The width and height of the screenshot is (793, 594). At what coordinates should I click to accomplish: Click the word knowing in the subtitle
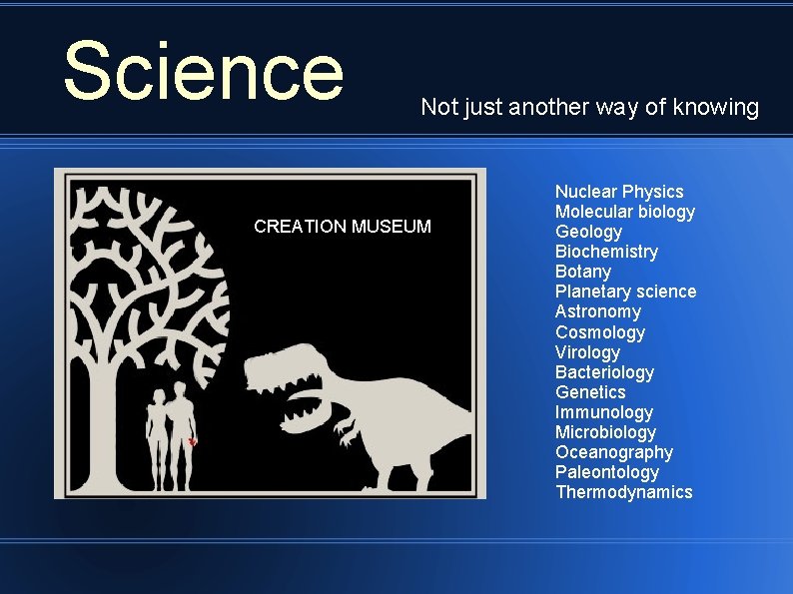[718, 107]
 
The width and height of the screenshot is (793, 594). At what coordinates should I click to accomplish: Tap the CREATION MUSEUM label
[343, 227]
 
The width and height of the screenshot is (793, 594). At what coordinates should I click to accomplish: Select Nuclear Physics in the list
[619, 192]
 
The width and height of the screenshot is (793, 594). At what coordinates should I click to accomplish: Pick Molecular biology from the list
[625, 212]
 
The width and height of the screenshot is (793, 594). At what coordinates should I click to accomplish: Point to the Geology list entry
[588, 232]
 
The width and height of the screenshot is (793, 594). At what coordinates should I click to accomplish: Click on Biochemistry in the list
[606, 252]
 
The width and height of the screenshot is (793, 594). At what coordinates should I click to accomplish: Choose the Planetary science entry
[625, 292]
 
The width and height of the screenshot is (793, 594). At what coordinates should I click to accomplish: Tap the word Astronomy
[598, 311]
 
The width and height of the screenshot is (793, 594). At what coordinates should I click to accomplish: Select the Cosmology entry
[600, 332]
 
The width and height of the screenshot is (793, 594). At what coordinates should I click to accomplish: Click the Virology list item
[587, 352]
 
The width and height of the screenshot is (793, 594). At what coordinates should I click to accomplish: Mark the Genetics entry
[590, 392]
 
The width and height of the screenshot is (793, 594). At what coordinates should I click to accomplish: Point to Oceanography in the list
[614, 452]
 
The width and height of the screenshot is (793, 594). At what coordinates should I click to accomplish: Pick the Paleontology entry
[607, 472]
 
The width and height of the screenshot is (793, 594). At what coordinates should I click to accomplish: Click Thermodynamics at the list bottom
[624, 492]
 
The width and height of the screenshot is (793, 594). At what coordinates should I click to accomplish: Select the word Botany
[583, 272]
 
